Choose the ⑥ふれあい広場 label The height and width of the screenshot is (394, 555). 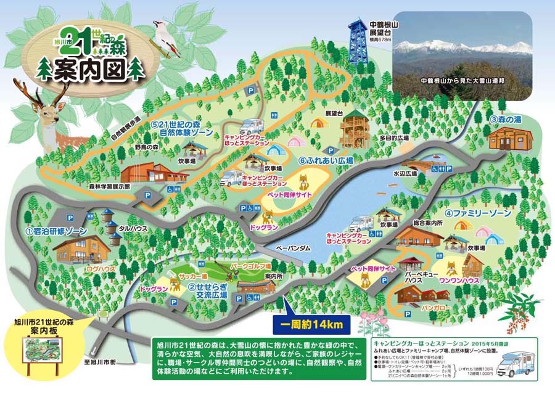pyautogui.click(x=326, y=160)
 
